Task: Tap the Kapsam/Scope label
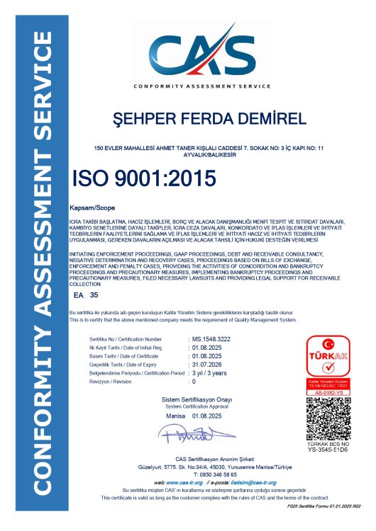tap(87, 210)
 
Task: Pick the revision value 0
tap(194, 382)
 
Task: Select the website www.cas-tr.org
tap(184, 482)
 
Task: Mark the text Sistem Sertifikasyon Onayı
tap(188, 400)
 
